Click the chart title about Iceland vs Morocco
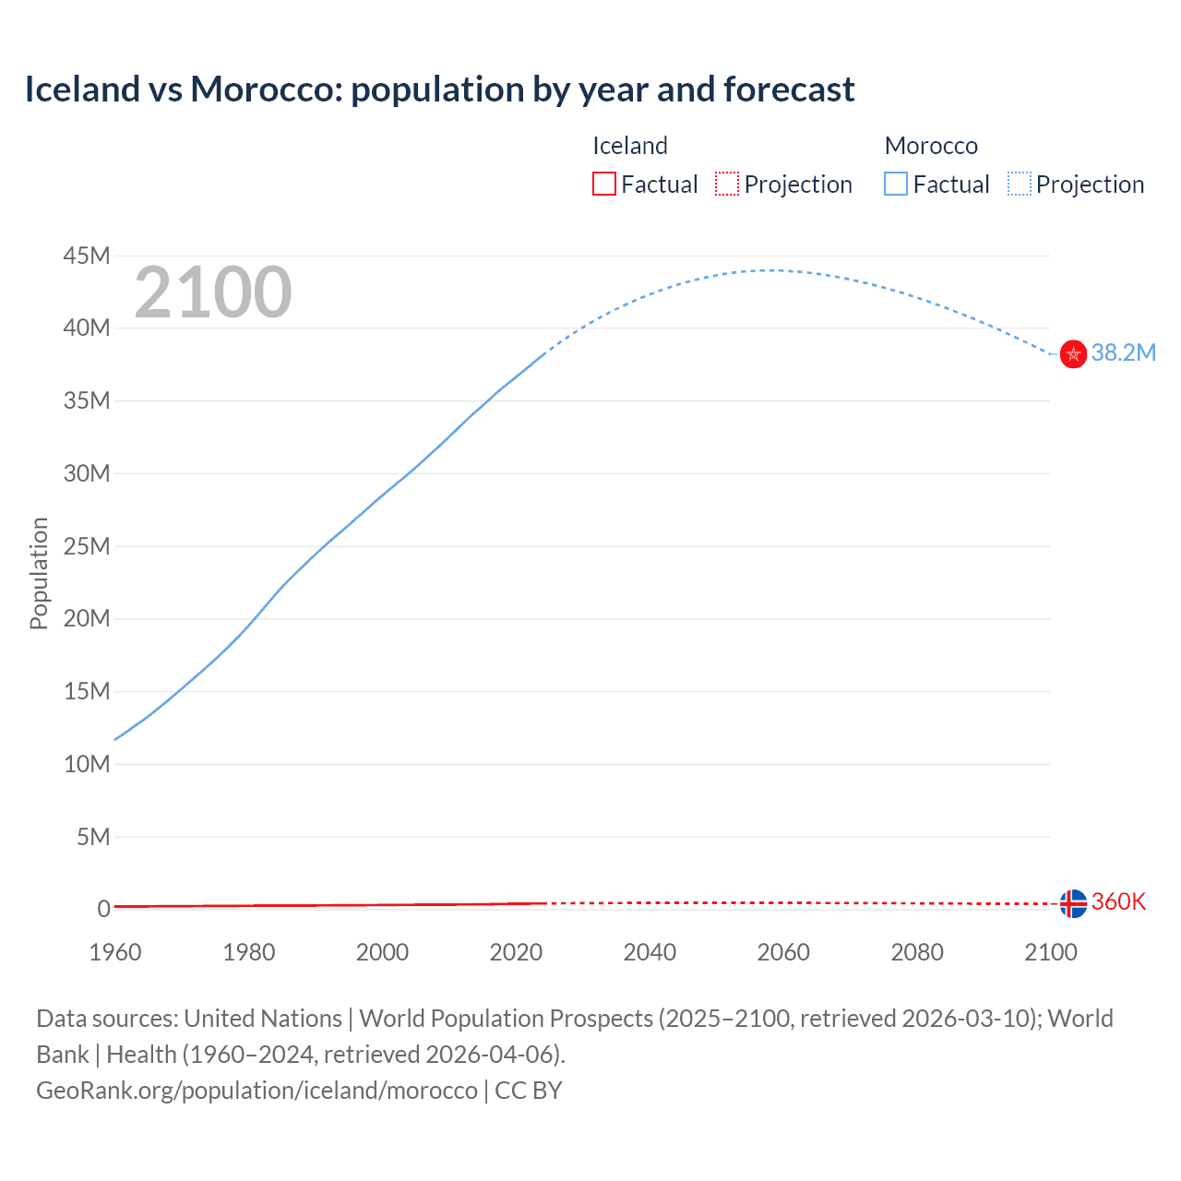tap(439, 89)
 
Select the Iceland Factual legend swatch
tap(603, 185)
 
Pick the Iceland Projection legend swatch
tap(727, 185)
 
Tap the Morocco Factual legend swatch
tap(896, 185)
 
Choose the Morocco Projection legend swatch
tap(1020, 185)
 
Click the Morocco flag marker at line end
tap(1073, 353)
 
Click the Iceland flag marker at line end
tap(1073, 903)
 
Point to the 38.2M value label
tap(1123, 353)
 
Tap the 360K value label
tap(1118, 902)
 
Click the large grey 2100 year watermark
tap(213, 292)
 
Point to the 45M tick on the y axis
tap(87, 256)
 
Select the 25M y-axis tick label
tap(87, 546)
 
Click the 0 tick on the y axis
tap(103, 910)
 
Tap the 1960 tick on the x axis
tap(115, 952)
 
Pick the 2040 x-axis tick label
tap(650, 952)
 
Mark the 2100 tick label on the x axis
tap(1050, 952)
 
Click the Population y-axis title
tap(39, 573)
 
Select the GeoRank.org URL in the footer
tap(256, 1091)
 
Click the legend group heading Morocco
tap(931, 146)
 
